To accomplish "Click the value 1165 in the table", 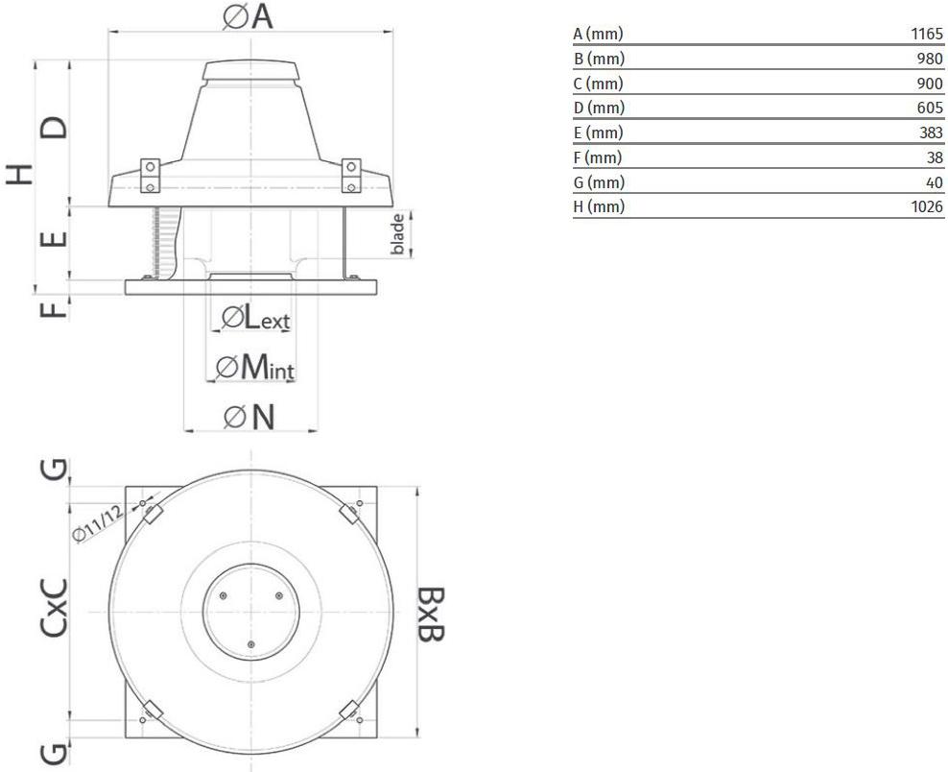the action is pos(927,34).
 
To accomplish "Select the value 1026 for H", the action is pos(927,206).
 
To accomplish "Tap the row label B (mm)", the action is pos(599,59).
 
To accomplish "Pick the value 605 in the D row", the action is pos(930,108).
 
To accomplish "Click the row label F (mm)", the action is pos(598,157).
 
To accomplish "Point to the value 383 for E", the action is pos(931,133).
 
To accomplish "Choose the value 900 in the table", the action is pos(930,83).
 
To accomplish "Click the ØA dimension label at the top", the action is pos(248,16).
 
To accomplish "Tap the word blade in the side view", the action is pos(397,234).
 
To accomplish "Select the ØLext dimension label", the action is pos(256,318).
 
